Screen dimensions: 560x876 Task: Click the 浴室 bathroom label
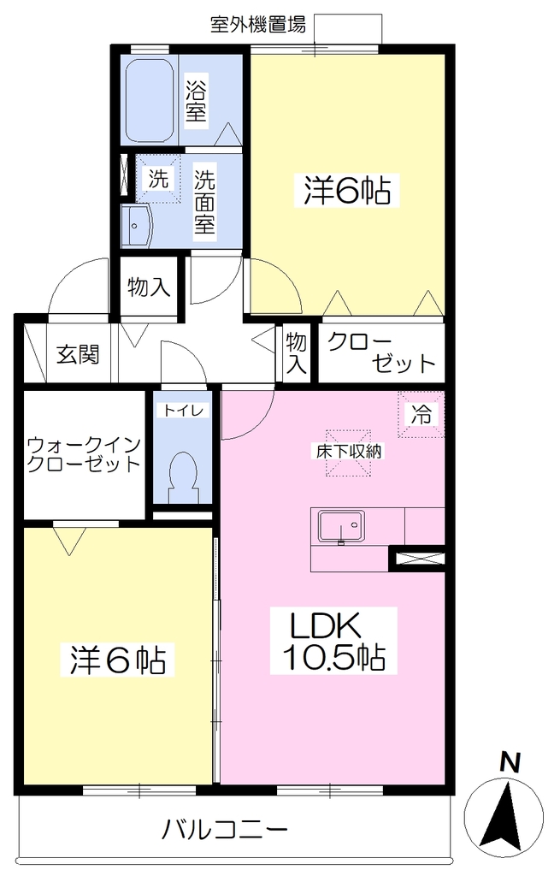tap(197, 101)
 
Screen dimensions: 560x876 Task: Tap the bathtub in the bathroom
tap(149, 101)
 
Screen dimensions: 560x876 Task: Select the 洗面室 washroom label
tap(204, 202)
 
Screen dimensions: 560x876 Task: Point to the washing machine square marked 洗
tap(158, 178)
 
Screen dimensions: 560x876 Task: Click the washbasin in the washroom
tap(137, 225)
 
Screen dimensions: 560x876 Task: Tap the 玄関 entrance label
tap(78, 354)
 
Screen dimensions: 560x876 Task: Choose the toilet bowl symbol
tap(182, 474)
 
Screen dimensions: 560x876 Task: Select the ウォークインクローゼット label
tap(84, 455)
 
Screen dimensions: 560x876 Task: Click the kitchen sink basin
tap(341, 526)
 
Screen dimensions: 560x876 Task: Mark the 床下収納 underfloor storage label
tap(349, 452)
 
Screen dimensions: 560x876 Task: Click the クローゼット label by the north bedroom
tap(381, 353)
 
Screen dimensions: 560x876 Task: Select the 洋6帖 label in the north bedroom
tap(347, 190)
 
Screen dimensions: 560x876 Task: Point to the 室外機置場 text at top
tap(258, 25)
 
